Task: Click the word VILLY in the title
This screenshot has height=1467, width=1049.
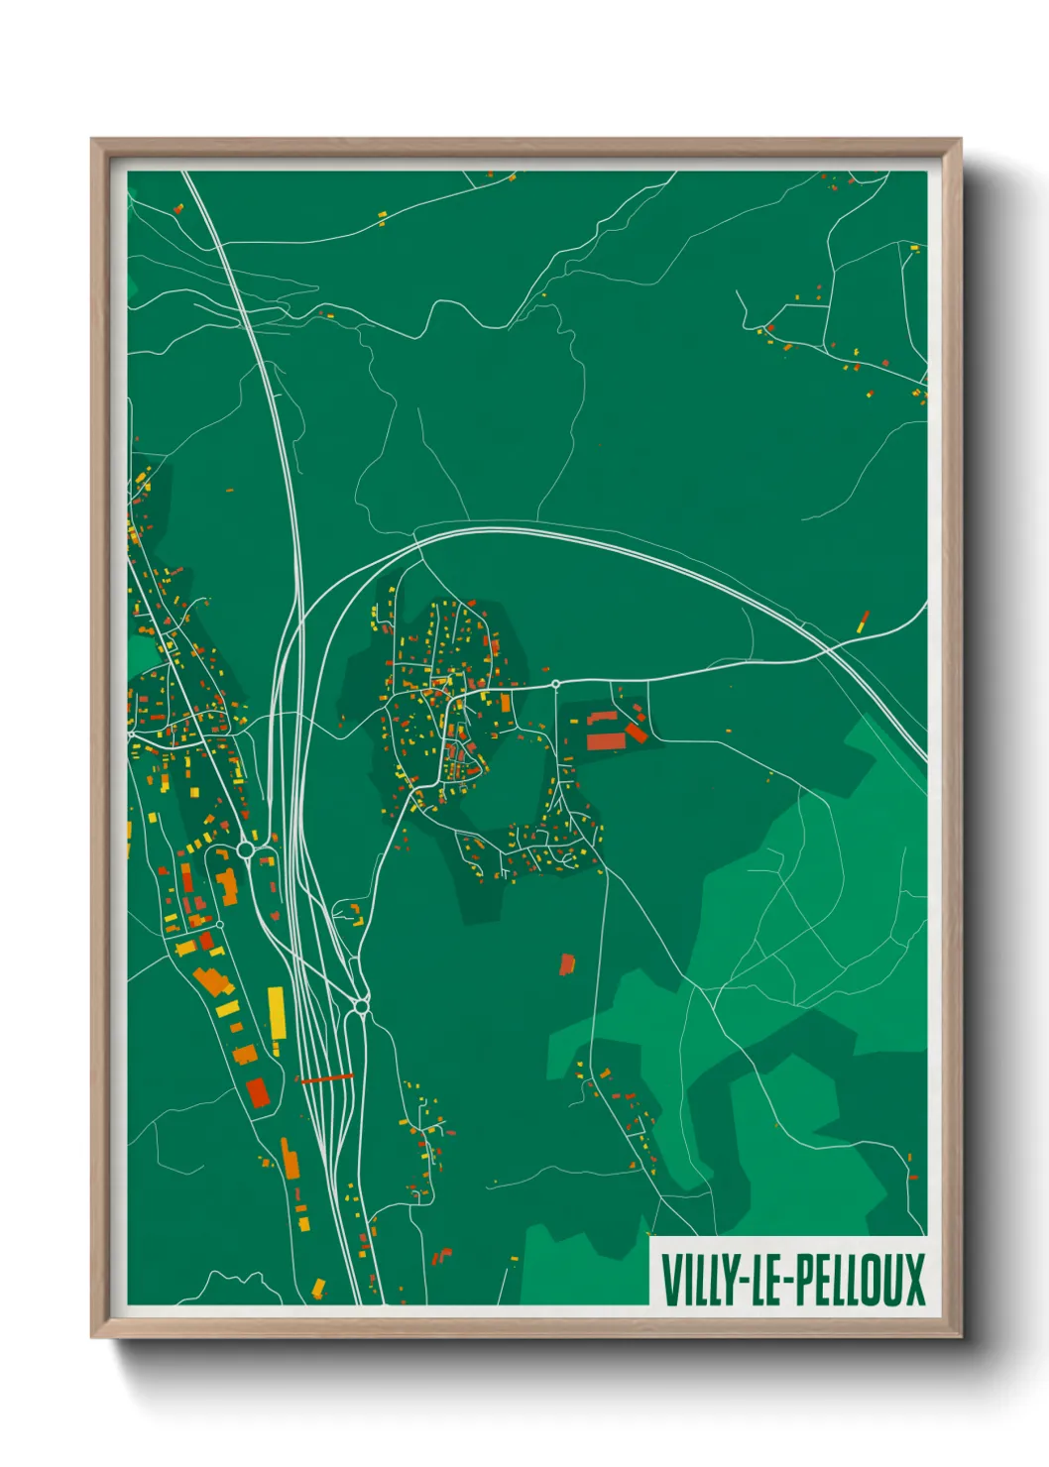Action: click(x=693, y=1280)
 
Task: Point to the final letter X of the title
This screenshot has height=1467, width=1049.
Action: click(x=913, y=1280)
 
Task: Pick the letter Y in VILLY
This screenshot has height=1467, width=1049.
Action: click(x=721, y=1280)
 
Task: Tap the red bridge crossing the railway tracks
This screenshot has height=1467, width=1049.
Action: click(x=325, y=1077)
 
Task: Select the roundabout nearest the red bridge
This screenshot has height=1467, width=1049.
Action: click(x=361, y=1007)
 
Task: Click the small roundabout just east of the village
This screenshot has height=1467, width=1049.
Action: click(x=556, y=684)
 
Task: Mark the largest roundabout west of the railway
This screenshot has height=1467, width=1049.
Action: click(x=246, y=849)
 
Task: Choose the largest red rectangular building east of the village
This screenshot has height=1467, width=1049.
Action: click(x=606, y=740)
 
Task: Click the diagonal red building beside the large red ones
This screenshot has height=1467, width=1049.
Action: click(x=636, y=733)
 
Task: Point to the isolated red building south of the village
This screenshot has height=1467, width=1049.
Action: click(x=567, y=963)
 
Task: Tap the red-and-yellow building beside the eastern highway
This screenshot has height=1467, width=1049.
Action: click(x=863, y=621)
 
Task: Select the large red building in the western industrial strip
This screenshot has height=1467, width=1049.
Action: click(x=257, y=1091)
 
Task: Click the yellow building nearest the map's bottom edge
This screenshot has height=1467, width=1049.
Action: click(x=318, y=1288)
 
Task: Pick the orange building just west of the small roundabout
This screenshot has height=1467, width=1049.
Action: click(x=505, y=703)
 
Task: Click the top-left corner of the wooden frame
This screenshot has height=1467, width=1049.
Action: click(x=92, y=140)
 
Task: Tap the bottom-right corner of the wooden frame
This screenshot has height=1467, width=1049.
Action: click(x=961, y=1336)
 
